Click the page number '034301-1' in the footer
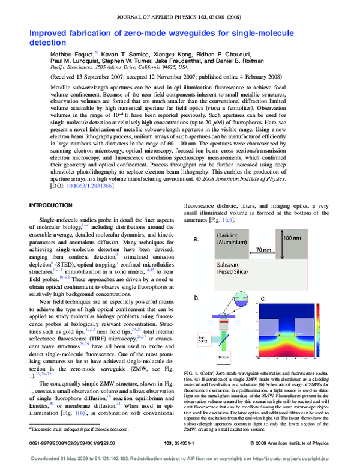tap(190, 444)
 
